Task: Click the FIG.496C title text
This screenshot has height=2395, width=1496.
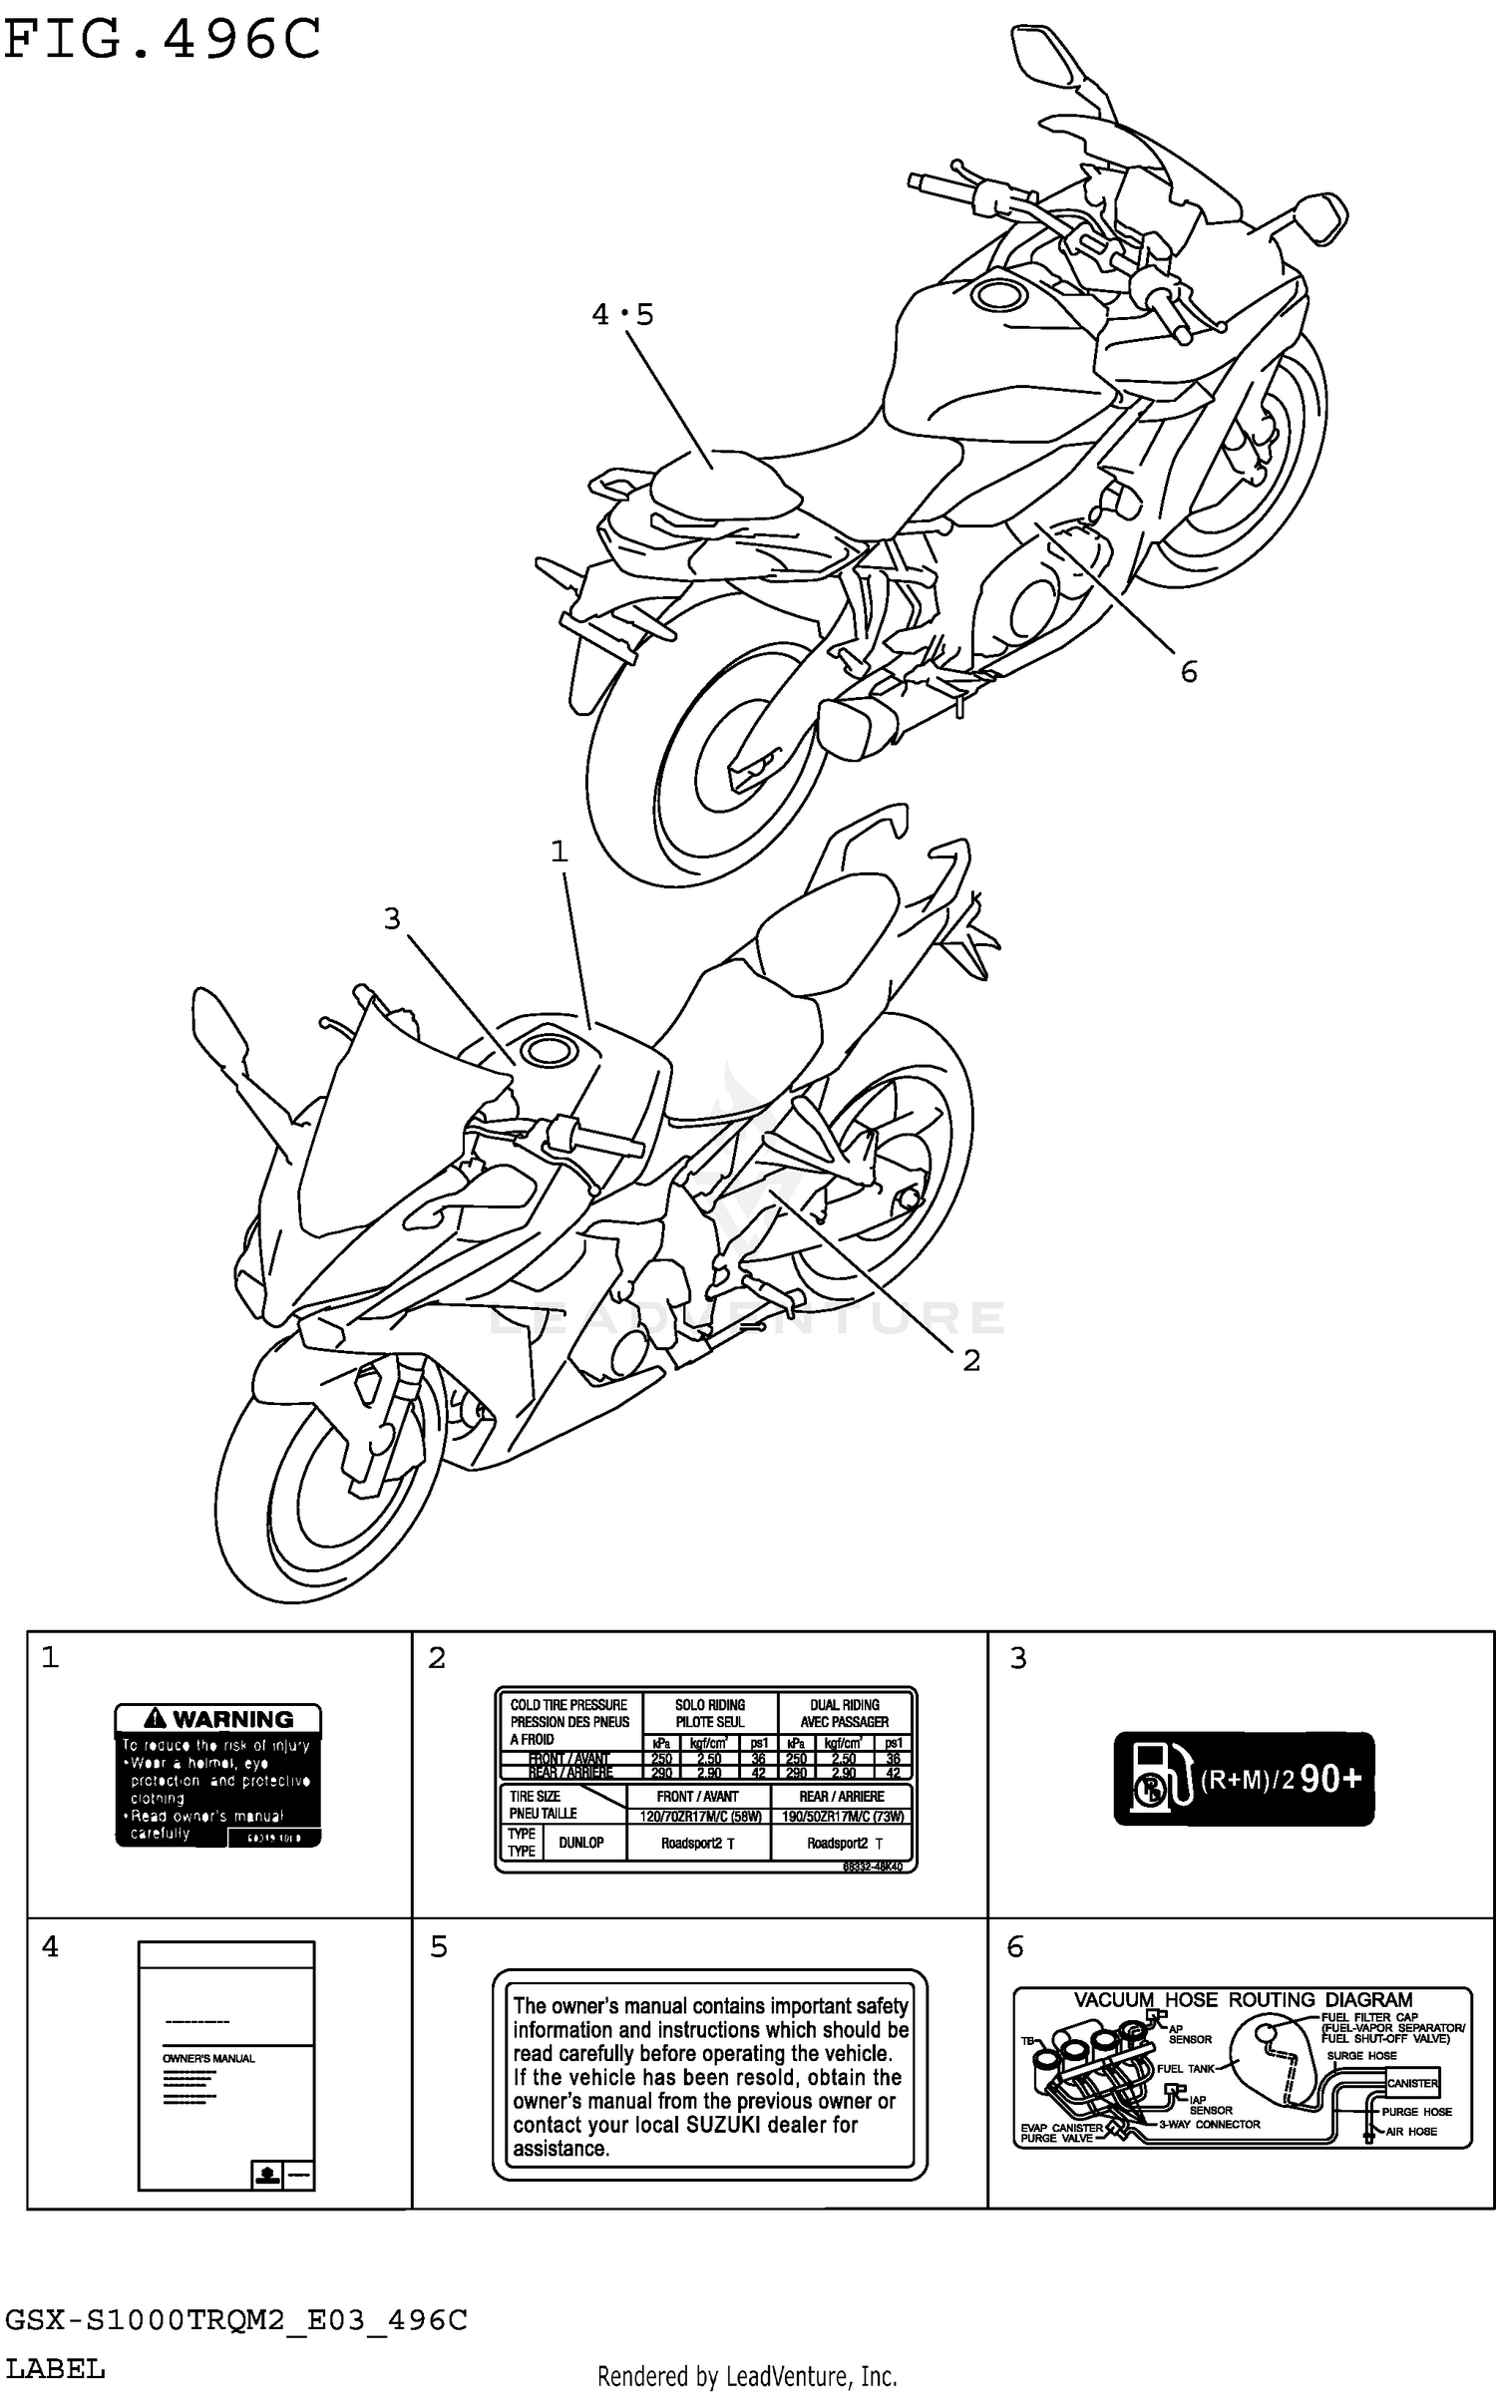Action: click(x=162, y=41)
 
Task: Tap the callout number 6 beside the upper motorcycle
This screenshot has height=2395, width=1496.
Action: click(x=1188, y=672)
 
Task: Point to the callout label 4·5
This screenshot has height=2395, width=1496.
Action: click(x=622, y=315)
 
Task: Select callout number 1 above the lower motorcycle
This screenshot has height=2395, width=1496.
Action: click(x=559, y=852)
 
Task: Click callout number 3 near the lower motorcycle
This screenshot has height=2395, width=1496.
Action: click(x=392, y=918)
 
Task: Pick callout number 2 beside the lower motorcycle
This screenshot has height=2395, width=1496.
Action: click(x=970, y=1360)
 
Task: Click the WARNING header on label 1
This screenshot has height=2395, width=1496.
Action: click(x=218, y=1719)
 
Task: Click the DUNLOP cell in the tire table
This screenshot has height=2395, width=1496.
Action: click(x=580, y=1843)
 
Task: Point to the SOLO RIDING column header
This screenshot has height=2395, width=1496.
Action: click(x=710, y=1713)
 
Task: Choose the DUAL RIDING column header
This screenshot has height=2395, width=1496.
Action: click(x=844, y=1713)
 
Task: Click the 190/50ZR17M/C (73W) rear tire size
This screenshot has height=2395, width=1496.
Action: click(x=843, y=1817)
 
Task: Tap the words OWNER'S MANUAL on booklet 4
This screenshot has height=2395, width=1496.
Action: click(x=208, y=2058)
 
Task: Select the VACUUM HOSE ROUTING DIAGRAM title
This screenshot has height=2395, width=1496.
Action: click(x=1243, y=2000)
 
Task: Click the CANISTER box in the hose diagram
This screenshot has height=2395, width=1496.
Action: click(x=1412, y=2083)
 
